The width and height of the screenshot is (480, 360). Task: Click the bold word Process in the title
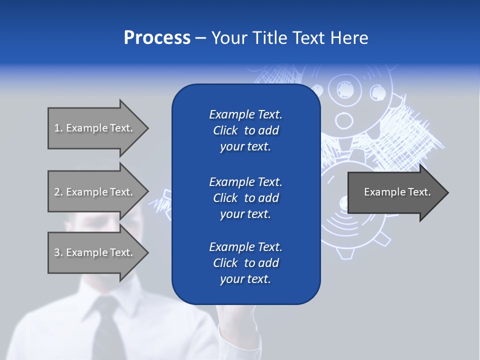coord(157,38)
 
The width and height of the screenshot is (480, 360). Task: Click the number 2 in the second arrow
coord(57,192)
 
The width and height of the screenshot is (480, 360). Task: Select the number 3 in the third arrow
coord(57,252)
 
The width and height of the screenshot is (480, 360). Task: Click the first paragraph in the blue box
coord(245,130)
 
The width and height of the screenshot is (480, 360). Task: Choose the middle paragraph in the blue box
coord(245,198)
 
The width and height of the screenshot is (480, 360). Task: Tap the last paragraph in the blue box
coord(245,263)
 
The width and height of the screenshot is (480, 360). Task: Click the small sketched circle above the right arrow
coord(344,120)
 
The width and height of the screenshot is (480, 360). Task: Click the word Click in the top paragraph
coord(225,130)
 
